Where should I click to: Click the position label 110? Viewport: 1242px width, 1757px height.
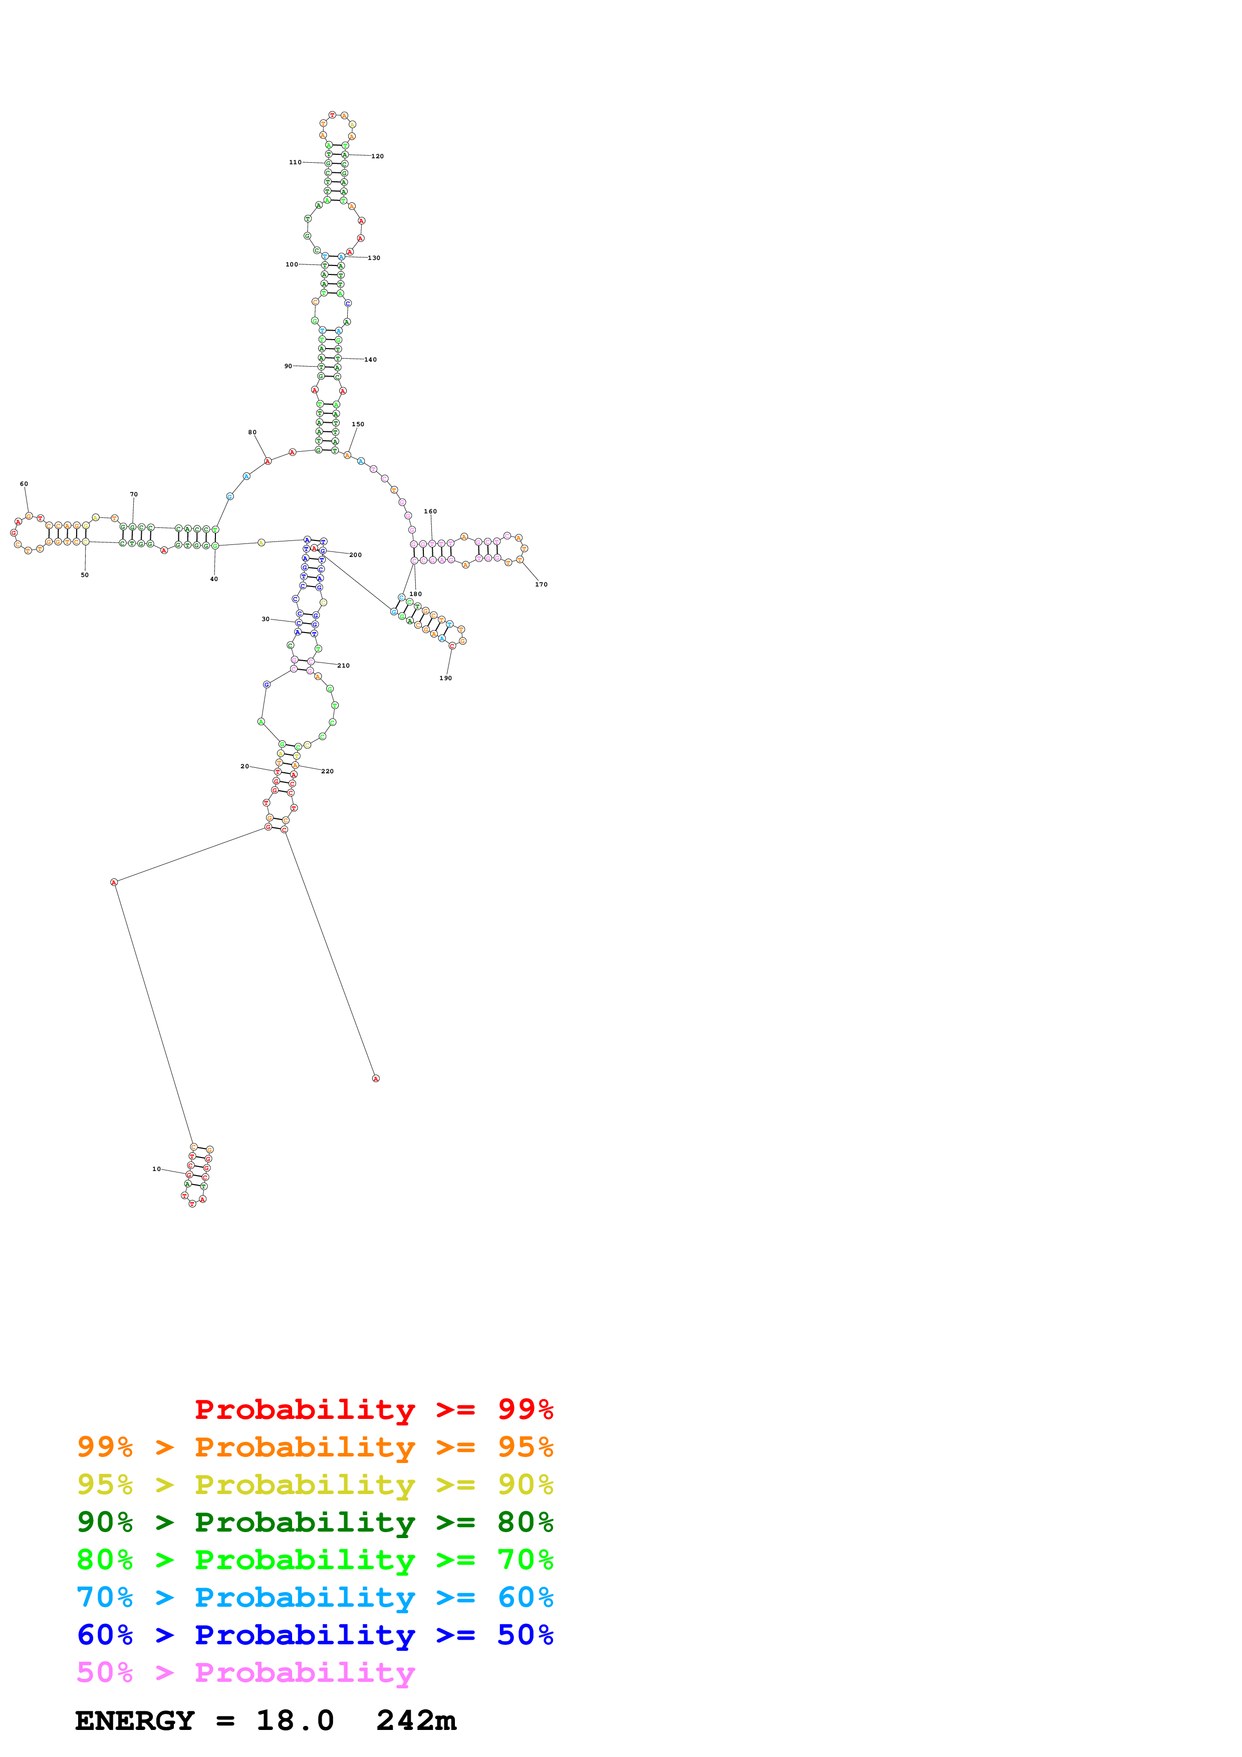tap(295, 162)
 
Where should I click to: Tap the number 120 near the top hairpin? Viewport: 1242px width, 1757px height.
tap(377, 156)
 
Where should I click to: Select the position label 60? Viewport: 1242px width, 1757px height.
tap(24, 484)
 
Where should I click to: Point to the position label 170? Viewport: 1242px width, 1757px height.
tap(541, 584)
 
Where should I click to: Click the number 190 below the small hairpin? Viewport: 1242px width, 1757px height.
tap(445, 678)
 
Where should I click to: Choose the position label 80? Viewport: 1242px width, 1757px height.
tap(252, 432)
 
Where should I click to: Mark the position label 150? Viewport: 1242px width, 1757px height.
tap(357, 424)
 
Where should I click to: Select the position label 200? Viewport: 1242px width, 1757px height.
tap(355, 555)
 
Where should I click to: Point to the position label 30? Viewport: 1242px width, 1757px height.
tap(266, 619)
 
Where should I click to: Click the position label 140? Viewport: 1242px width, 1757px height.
tap(370, 360)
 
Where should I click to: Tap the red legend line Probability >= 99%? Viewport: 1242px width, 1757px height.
tap(373, 1409)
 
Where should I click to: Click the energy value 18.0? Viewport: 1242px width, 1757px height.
tap(295, 1721)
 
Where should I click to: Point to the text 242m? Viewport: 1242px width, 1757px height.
tap(415, 1721)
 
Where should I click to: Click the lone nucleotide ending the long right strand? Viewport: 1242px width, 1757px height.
tap(376, 1078)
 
